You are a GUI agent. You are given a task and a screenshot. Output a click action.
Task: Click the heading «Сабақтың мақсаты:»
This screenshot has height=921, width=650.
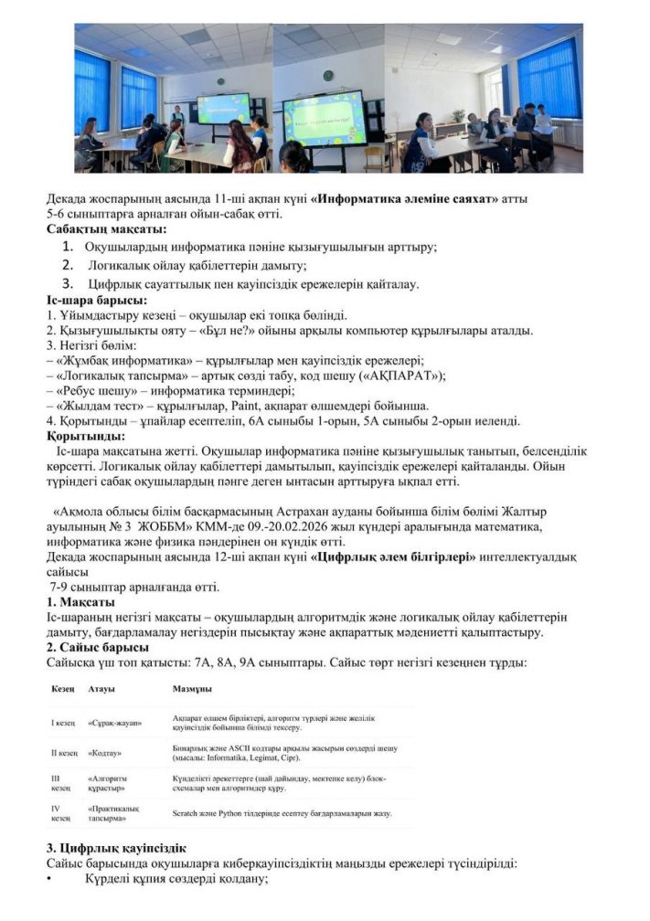pyautogui.click(x=101, y=229)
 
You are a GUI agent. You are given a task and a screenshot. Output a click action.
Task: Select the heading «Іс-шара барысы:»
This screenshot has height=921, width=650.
pyautogui.click(x=97, y=300)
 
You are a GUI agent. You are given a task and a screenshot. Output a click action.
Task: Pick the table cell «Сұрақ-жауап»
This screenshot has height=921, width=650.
pyautogui.click(x=114, y=723)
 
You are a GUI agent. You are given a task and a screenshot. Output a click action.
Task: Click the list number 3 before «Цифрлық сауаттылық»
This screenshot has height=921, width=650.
pyautogui.click(x=67, y=283)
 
